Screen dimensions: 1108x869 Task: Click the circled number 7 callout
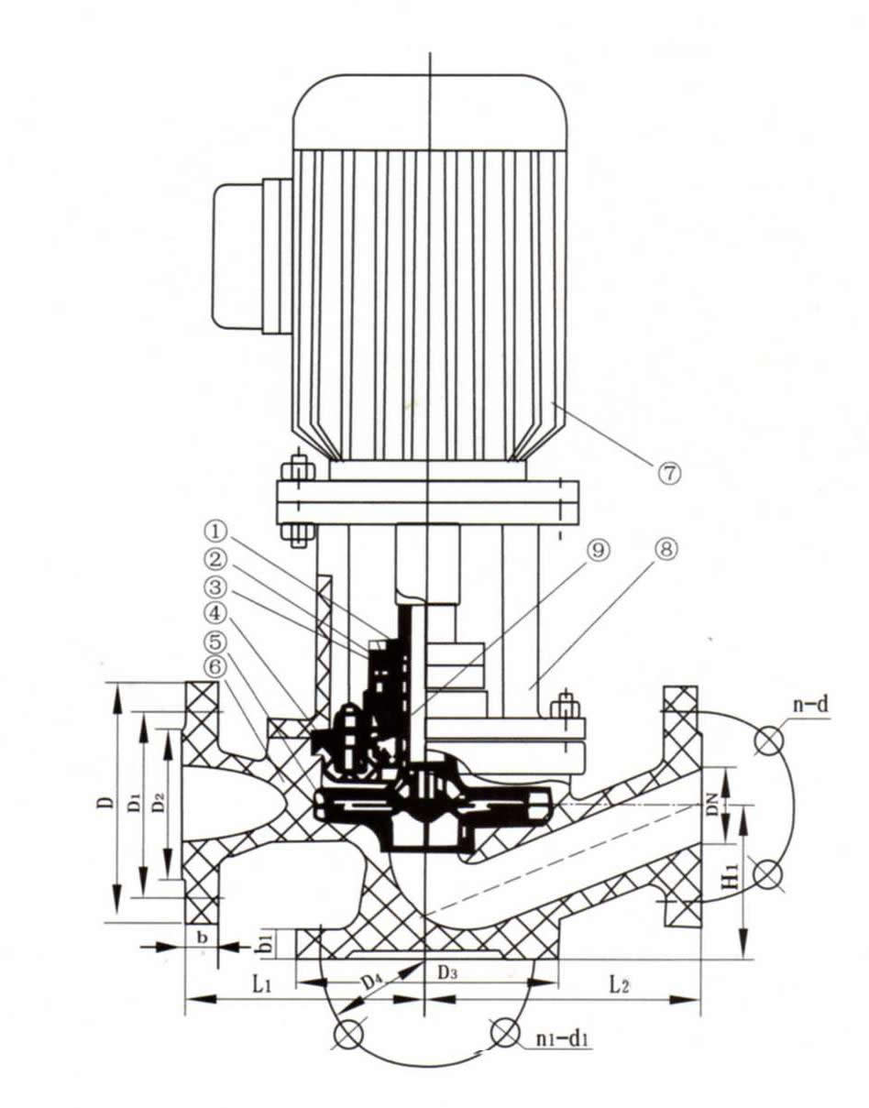pyautogui.click(x=669, y=473)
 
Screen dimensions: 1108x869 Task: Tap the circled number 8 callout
pyautogui.click(x=666, y=551)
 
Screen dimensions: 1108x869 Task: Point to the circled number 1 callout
pyautogui.click(x=215, y=531)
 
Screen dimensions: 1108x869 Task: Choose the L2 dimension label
pyautogui.click(x=620, y=985)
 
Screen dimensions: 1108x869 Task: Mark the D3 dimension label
pyautogui.click(x=447, y=972)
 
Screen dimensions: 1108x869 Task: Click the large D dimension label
pyautogui.click(x=107, y=802)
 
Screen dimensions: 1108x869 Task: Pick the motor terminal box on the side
pyautogui.click(x=240, y=257)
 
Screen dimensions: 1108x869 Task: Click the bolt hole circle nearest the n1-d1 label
pyautogui.click(x=504, y=1033)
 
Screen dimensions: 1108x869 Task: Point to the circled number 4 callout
pyautogui.click(x=215, y=611)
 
